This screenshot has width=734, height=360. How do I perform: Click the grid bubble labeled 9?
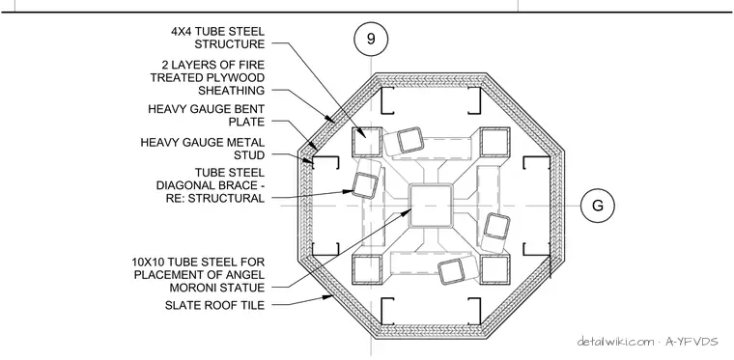[371, 39]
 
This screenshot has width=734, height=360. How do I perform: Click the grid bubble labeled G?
[597, 206]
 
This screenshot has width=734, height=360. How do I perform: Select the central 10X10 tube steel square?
[431, 206]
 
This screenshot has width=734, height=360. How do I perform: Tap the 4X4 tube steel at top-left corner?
[367, 142]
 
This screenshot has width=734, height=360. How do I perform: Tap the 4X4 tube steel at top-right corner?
[494, 142]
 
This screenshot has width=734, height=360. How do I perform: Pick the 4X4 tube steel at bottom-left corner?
[367, 269]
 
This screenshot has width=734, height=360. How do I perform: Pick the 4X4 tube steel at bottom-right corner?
[494, 269]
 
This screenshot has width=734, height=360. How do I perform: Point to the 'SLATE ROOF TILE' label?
[214, 305]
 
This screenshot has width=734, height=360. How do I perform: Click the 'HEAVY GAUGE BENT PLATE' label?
[207, 116]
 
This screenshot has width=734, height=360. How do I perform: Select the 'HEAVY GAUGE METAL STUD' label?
[203, 149]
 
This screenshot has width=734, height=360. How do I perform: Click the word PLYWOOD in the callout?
[239, 77]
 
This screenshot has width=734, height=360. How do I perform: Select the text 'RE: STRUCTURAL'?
[215, 198]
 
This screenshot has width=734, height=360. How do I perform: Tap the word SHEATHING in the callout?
[231, 90]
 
